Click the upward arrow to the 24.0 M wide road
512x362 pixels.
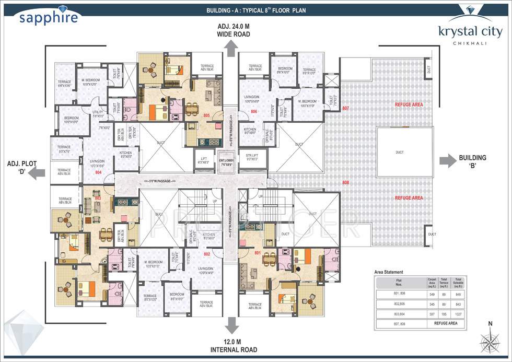tap(230, 48)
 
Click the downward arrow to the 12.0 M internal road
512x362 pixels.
tap(230, 325)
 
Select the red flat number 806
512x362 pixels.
tap(254, 111)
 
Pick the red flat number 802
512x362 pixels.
tap(207, 254)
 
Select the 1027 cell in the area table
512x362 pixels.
tap(458, 314)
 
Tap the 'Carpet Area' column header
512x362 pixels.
tap(432, 283)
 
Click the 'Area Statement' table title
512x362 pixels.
tap(389, 273)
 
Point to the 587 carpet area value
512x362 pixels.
tap(432, 314)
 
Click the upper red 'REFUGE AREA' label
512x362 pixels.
tap(409, 104)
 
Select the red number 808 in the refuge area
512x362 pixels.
tap(345, 183)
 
